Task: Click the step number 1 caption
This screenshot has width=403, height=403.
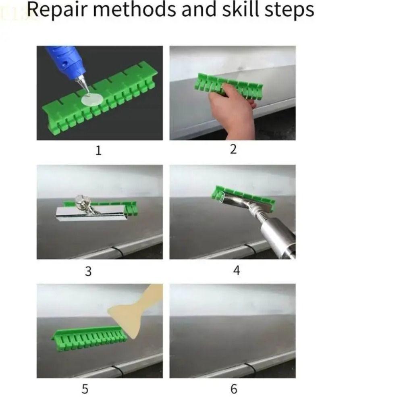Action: tap(98, 151)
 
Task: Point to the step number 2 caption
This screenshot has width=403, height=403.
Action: tap(233, 150)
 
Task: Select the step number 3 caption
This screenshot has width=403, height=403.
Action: tap(88, 271)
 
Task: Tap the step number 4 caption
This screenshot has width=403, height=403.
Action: tap(237, 270)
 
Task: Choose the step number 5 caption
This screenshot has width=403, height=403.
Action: tap(85, 389)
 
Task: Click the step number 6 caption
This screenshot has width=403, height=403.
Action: tap(234, 389)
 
